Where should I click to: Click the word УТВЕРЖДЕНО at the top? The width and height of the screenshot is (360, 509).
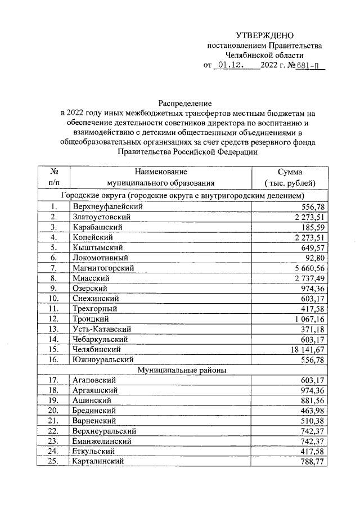coord(264,35)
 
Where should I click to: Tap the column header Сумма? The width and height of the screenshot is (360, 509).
coord(290,172)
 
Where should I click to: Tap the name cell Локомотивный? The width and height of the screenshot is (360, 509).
coord(97,258)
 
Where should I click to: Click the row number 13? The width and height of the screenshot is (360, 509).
coord(54,328)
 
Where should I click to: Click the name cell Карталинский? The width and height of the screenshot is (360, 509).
coord(98,461)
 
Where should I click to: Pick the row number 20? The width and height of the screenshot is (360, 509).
coord(54,411)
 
